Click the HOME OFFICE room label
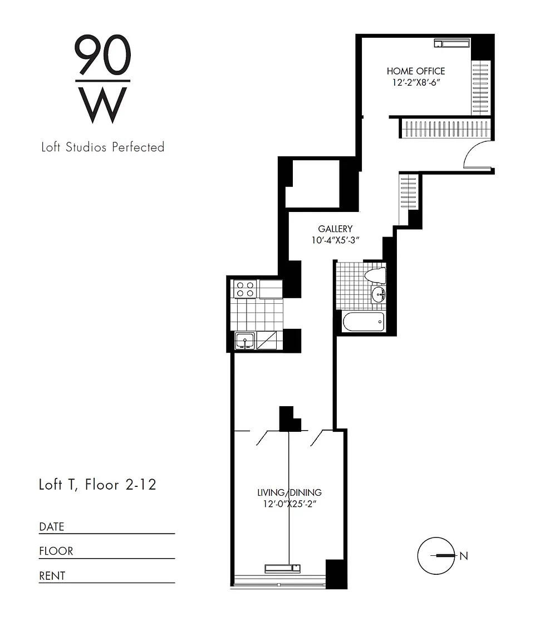point(416,71)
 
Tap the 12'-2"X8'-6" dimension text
point(416,82)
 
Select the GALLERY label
point(335,229)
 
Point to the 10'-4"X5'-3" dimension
point(335,240)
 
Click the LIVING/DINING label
point(289,492)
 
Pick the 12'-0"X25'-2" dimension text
point(289,504)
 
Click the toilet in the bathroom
point(375,276)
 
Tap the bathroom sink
point(379,294)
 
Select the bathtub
point(364,322)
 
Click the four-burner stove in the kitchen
point(245,289)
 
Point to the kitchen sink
point(244,341)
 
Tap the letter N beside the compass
point(464,556)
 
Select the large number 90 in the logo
point(102,55)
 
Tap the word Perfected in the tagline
point(138,147)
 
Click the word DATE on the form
point(52,526)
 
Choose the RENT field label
point(52,575)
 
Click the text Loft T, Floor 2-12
point(97,485)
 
